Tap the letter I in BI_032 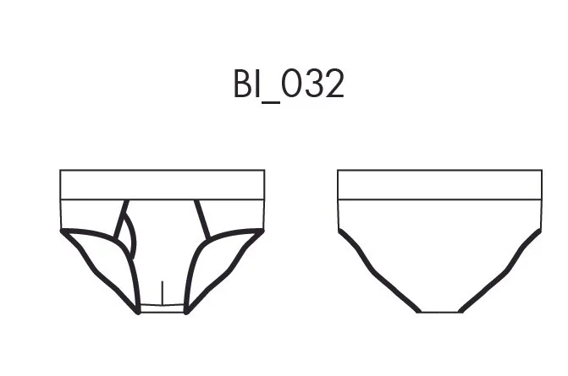257,84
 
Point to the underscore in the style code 270,102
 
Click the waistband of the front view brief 163,184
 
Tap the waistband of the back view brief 440,184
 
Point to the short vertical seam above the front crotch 163,293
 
